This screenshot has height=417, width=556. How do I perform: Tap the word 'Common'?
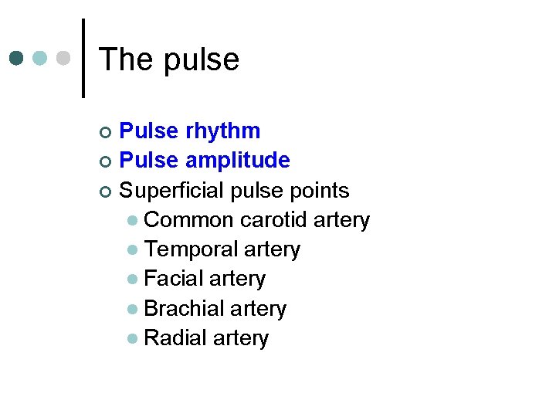(188, 220)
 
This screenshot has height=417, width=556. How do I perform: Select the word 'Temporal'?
(191, 249)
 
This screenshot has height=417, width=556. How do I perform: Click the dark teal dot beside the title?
(17, 59)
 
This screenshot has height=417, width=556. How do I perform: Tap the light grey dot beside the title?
(64, 59)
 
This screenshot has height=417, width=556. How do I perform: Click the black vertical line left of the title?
(83, 59)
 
